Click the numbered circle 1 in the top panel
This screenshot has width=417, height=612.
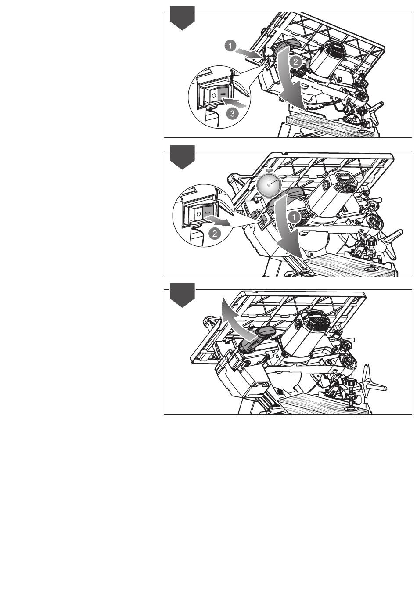230,46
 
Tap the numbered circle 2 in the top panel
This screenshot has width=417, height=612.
295,62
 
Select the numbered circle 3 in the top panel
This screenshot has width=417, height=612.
232,113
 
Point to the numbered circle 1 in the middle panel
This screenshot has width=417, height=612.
294,218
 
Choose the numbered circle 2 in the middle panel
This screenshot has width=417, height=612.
214,234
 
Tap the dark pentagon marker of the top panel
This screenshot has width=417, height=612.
182,18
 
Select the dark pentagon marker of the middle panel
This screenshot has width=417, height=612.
182,157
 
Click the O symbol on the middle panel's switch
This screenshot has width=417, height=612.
199,213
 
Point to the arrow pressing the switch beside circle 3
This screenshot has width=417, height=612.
234,104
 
